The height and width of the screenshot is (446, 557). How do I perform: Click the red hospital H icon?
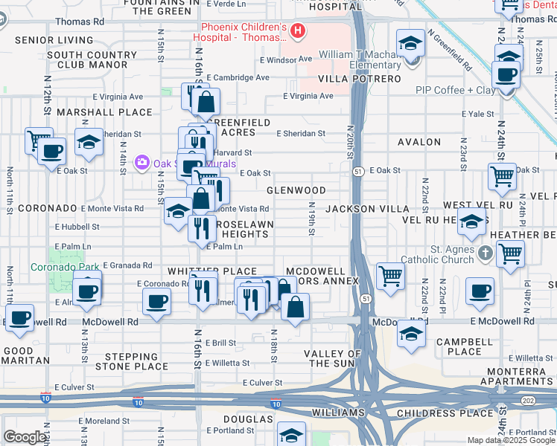pos(298,31)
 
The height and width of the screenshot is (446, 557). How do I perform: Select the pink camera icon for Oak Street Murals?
pos(141,162)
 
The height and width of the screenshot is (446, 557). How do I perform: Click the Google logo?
pos(25,437)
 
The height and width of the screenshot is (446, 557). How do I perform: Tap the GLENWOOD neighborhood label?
pos(302,190)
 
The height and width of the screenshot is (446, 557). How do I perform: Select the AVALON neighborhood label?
pos(419,142)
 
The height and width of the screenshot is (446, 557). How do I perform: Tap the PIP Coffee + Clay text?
pos(455,90)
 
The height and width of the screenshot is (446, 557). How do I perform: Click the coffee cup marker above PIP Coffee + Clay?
pos(506,75)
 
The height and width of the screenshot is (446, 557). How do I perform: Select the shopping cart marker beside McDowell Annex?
pos(390,276)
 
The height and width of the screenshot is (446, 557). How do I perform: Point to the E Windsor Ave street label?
pos(285,59)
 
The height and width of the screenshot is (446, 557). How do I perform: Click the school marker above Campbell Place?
pos(412,334)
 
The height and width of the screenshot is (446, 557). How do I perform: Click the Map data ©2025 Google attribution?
pos(510,440)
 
